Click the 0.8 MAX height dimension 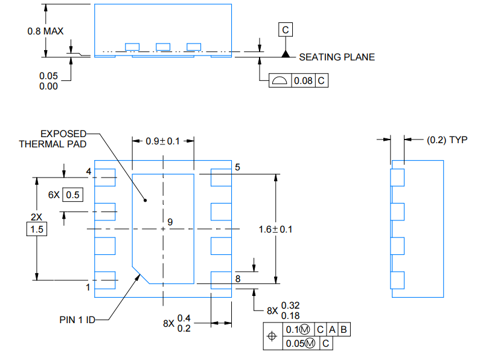[x=45, y=31]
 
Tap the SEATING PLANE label [x=337, y=57]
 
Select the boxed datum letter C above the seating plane [x=286, y=30]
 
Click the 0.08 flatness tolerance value [x=303, y=81]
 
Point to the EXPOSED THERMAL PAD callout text [x=53, y=139]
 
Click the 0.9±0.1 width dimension [x=163, y=141]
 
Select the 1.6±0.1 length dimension [x=275, y=230]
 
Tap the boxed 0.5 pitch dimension [x=72, y=195]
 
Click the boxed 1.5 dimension [x=37, y=230]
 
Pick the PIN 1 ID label [x=77, y=320]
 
